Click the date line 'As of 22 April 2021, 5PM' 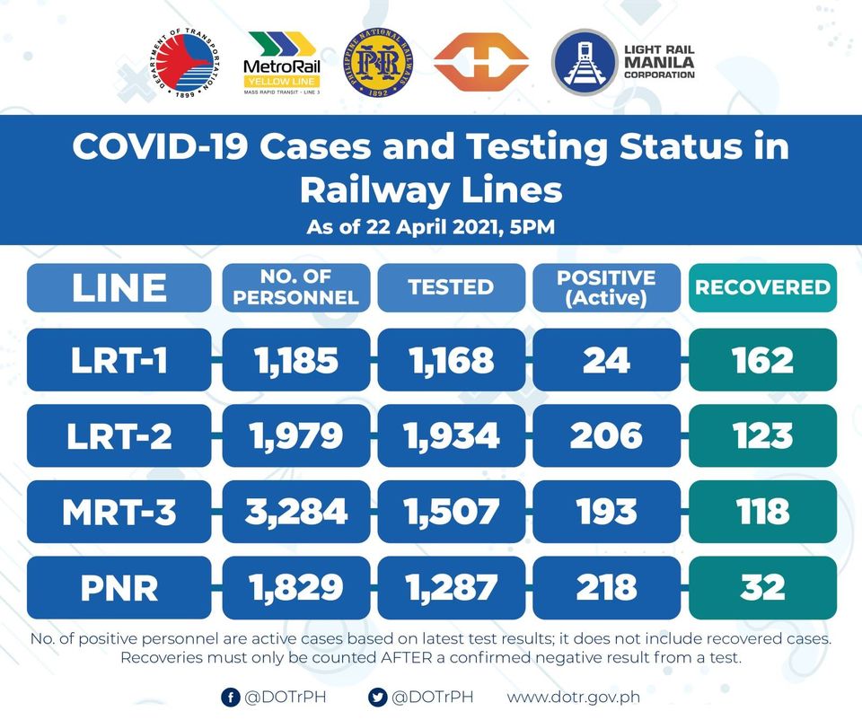pyautogui.click(x=431, y=226)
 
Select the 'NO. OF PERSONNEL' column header pyautogui.click(x=295, y=287)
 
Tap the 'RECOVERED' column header pyautogui.click(x=762, y=287)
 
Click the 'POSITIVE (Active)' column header pyautogui.click(x=606, y=287)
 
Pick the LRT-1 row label pyautogui.click(x=119, y=360)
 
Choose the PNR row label pyautogui.click(x=119, y=588)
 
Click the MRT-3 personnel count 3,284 pyautogui.click(x=295, y=512)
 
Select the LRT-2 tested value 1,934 pyautogui.click(x=451, y=436)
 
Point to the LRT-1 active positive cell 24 pyautogui.click(x=606, y=360)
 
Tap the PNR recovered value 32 pyautogui.click(x=762, y=588)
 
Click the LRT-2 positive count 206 pyautogui.click(x=606, y=436)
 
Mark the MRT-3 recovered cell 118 pyautogui.click(x=762, y=512)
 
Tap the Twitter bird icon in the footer pyautogui.click(x=377, y=697)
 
